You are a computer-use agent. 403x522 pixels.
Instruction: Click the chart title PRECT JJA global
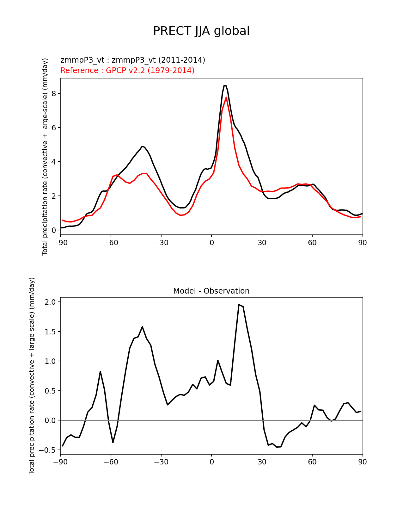coord(201,31)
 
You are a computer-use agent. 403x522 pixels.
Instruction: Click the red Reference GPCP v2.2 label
coord(127,70)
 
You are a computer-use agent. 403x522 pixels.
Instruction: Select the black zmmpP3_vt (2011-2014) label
coord(133,60)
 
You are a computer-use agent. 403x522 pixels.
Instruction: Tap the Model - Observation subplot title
coord(211,291)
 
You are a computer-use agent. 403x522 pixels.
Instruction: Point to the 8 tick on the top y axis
coord(54,94)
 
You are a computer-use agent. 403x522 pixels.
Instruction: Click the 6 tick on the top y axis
coord(54,128)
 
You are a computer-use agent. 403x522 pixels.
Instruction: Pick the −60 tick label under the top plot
coord(111,243)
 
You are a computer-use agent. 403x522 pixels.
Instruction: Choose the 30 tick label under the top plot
coord(262,243)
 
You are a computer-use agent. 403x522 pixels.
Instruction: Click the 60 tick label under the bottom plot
coord(312,462)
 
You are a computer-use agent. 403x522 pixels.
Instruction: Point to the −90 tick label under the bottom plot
coord(60,462)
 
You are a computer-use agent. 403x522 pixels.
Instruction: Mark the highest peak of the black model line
coord(225,85)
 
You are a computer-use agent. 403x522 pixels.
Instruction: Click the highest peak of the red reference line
coord(226,97)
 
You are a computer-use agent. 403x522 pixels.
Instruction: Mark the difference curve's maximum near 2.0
coord(239,305)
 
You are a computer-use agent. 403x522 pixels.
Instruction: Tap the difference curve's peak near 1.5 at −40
coord(142,327)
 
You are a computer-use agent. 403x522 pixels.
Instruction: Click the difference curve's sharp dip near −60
coord(113,442)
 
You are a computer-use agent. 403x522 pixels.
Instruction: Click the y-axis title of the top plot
coord(45,157)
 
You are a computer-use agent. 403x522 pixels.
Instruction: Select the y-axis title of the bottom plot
coord(32,376)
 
